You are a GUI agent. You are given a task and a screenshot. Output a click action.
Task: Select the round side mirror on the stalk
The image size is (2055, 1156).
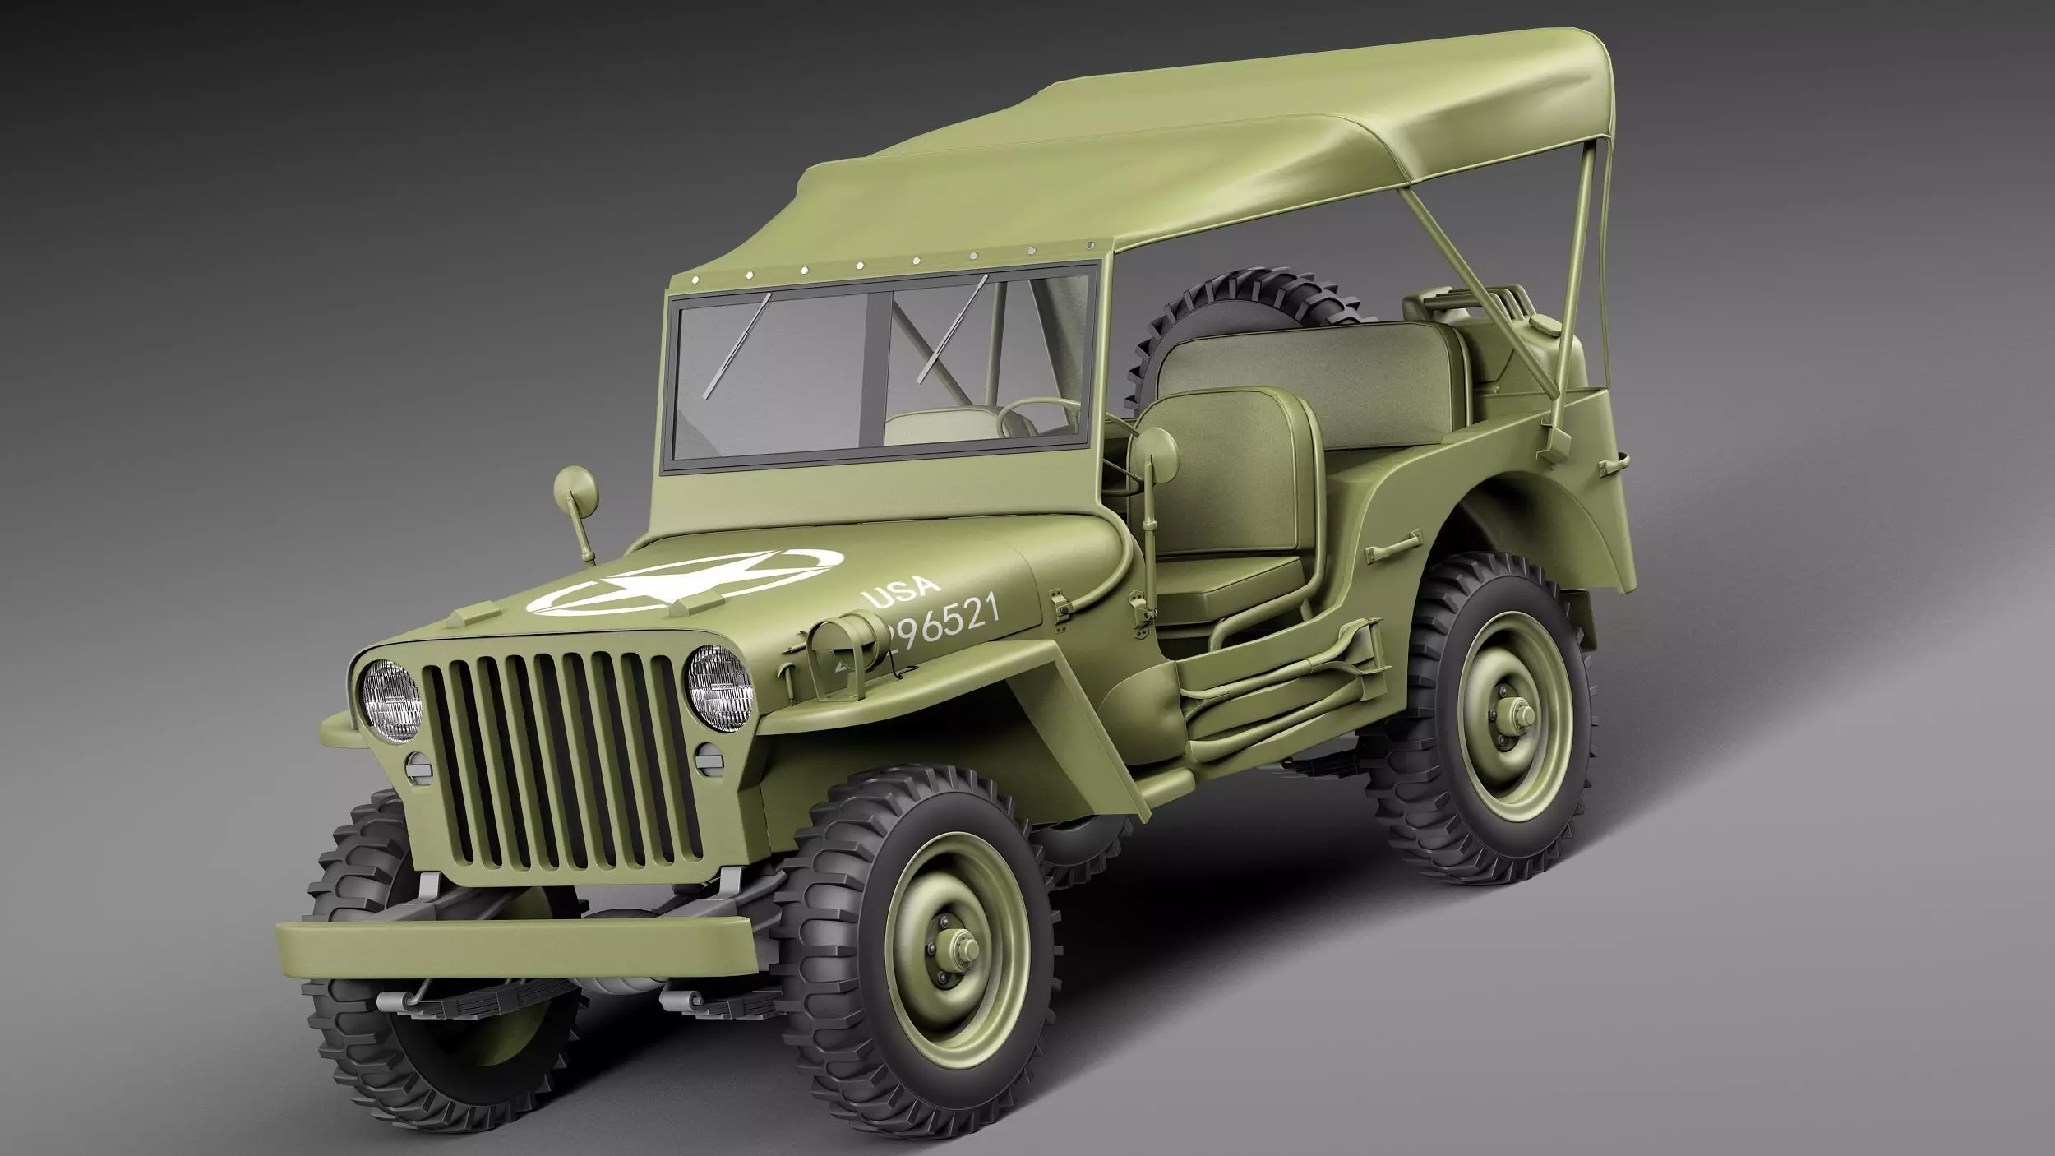[575, 489]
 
